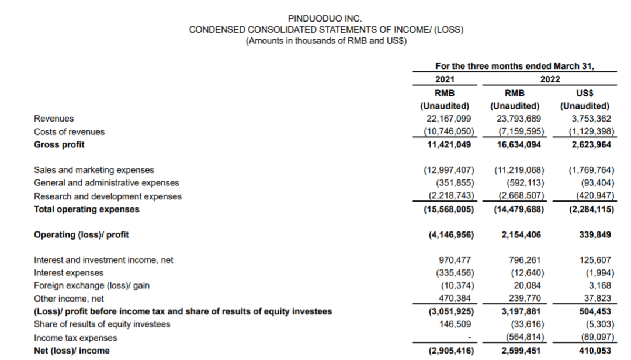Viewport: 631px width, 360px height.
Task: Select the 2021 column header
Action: tap(445, 79)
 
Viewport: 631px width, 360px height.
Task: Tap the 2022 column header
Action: tap(550, 79)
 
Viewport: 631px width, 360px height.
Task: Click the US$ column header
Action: tap(584, 93)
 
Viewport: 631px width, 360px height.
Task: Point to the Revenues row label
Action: tap(54, 119)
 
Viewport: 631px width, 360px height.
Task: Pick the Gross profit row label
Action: tap(59, 144)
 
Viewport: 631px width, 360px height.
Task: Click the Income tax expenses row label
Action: tap(75, 338)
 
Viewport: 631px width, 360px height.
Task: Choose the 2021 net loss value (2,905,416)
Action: tap(448, 351)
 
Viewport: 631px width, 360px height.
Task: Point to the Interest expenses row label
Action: tap(68, 273)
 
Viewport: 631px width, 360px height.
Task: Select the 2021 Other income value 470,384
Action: tap(454, 299)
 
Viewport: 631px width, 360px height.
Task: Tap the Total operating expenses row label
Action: tap(86, 209)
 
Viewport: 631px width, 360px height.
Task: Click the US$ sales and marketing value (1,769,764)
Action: tap(591, 170)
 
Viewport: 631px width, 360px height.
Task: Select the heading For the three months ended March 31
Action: tap(515, 66)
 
